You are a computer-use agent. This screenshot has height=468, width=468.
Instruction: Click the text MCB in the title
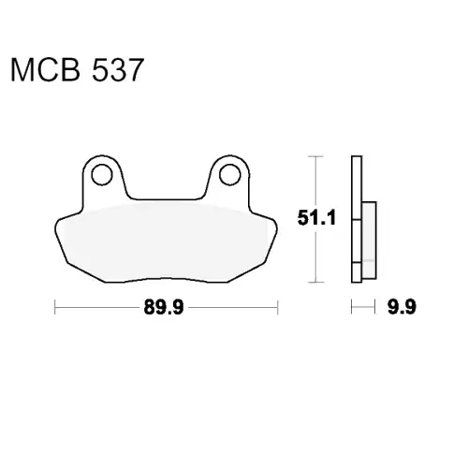point(46,70)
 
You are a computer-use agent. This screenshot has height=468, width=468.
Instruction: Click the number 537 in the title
point(118,70)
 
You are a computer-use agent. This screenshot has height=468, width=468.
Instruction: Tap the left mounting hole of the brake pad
point(102,175)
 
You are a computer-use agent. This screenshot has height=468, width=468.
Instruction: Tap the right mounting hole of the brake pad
point(230,175)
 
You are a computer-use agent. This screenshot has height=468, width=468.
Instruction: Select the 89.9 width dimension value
point(164,307)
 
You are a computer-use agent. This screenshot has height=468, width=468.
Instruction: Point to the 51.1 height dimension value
point(316,218)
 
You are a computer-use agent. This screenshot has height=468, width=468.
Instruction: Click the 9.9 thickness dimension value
point(402,307)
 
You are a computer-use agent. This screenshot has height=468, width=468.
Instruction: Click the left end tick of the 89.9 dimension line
point(55,307)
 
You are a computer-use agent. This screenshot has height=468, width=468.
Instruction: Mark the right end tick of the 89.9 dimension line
point(277,307)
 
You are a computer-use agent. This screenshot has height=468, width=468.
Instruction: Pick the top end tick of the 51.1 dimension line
point(315,156)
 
